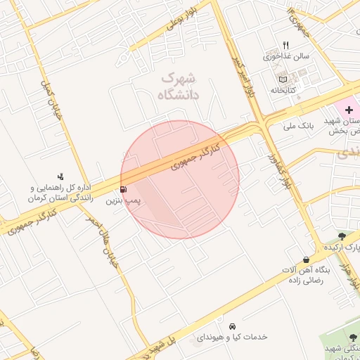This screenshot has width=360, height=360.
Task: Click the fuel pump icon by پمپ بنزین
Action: (x=124, y=189)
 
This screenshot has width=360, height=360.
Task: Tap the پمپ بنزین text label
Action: (x=124, y=201)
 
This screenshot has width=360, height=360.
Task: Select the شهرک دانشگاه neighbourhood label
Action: (x=179, y=86)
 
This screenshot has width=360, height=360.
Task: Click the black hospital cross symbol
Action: (x=349, y=111)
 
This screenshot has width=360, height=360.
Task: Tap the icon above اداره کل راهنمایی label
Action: (x=60, y=176)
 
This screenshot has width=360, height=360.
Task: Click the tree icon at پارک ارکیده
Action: (x=342, y=236)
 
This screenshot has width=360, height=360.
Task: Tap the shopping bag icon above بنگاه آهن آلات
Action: (x=305, y=259)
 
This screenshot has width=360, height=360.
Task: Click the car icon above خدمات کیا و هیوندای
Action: (x=232, y=326)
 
